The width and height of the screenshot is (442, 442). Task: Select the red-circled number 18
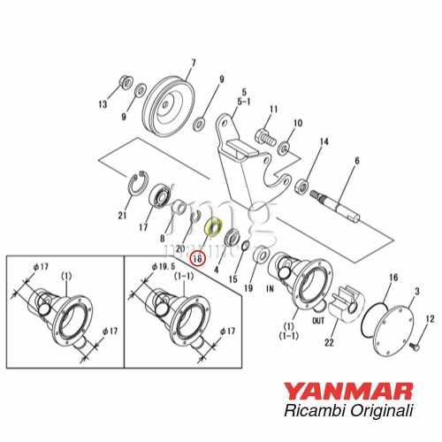point(198,259)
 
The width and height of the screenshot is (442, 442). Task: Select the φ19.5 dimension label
point(164,265)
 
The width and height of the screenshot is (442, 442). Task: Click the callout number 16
point(392,278)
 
